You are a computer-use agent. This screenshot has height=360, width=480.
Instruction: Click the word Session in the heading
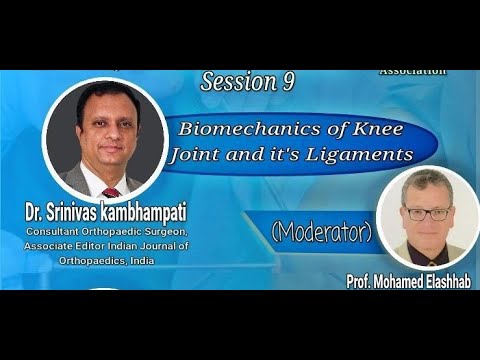coord(233,83)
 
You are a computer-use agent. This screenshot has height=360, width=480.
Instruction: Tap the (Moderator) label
coord(321,232)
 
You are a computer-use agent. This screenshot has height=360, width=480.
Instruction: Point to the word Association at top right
coord(413,73)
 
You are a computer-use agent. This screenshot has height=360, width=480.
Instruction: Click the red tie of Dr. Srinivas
coord(110,190)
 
